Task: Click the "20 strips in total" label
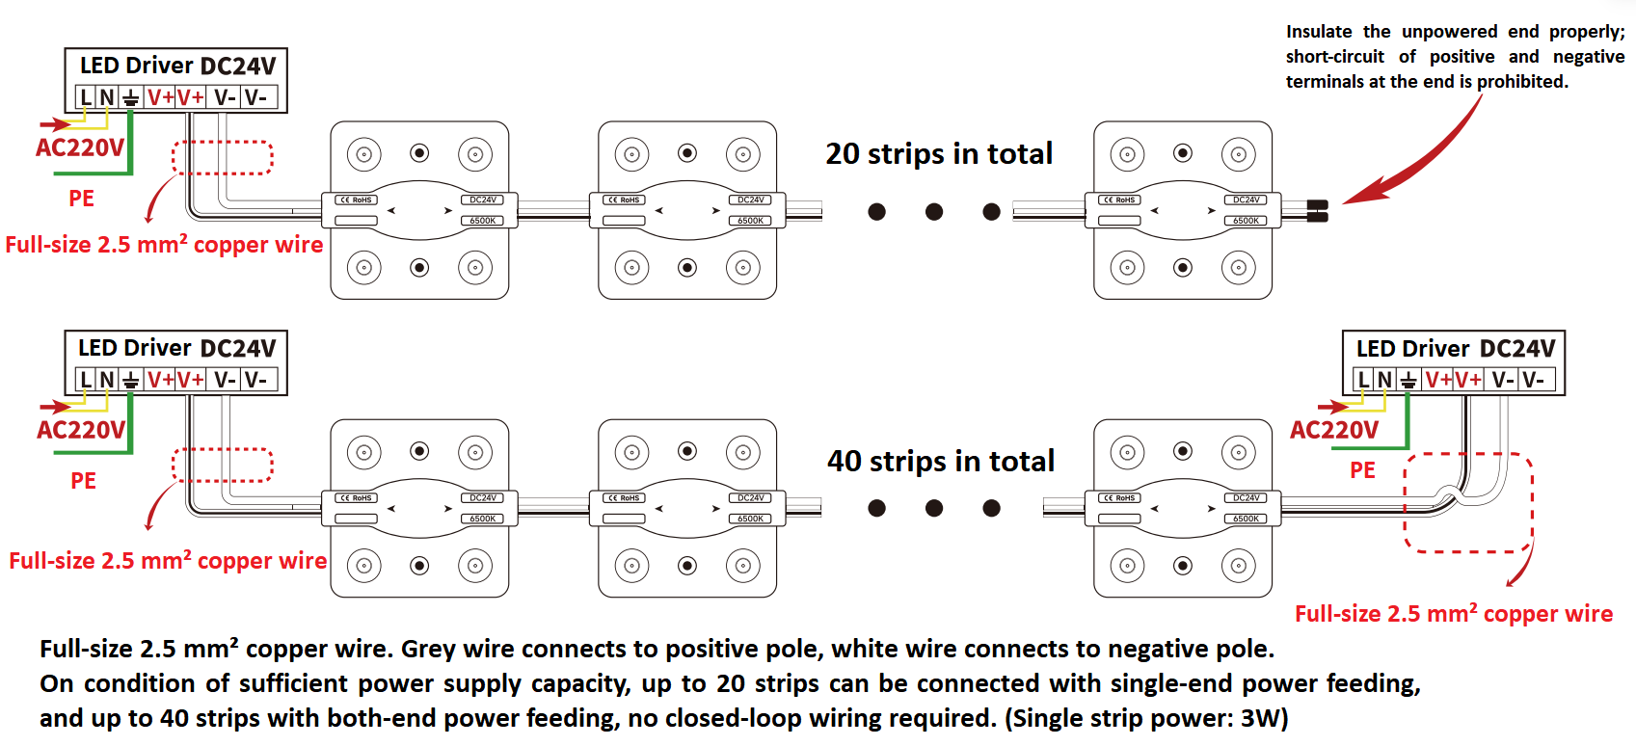click(x=939, y=154)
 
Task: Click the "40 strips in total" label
click(x=941, y=462)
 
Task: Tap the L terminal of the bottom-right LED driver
click(x=1363, y=380)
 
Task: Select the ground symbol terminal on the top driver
click(x=130, y=97)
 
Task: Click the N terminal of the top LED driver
click(x=107, y=97)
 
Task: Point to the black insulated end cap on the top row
click(x=1317, y=211)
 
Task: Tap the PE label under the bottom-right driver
click(x=1362, y=470)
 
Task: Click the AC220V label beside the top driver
click(x=80, y=148)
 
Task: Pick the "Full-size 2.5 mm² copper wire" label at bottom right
click(x=1454, y=614)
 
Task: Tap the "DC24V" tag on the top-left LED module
click(x=483, y=200)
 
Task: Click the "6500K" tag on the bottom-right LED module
click(x=1246, y=519)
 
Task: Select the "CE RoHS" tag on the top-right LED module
click(x=1119, y=200)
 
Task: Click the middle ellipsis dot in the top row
click(x=933, y=212)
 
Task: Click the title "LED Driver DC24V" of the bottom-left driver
click(x=176, y=348)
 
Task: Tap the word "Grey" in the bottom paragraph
click(x=429, y=649)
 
